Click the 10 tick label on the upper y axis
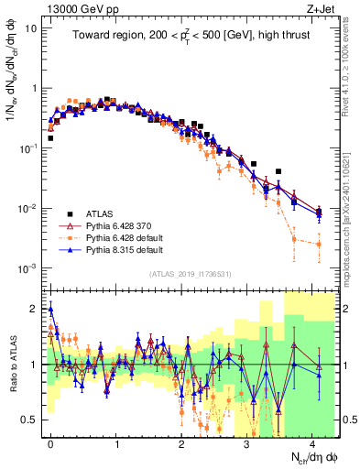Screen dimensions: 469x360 point(31,27)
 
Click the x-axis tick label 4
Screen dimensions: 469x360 point(312,442)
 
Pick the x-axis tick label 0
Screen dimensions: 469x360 point(50,442)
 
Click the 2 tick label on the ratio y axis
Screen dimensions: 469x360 point(35,307)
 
